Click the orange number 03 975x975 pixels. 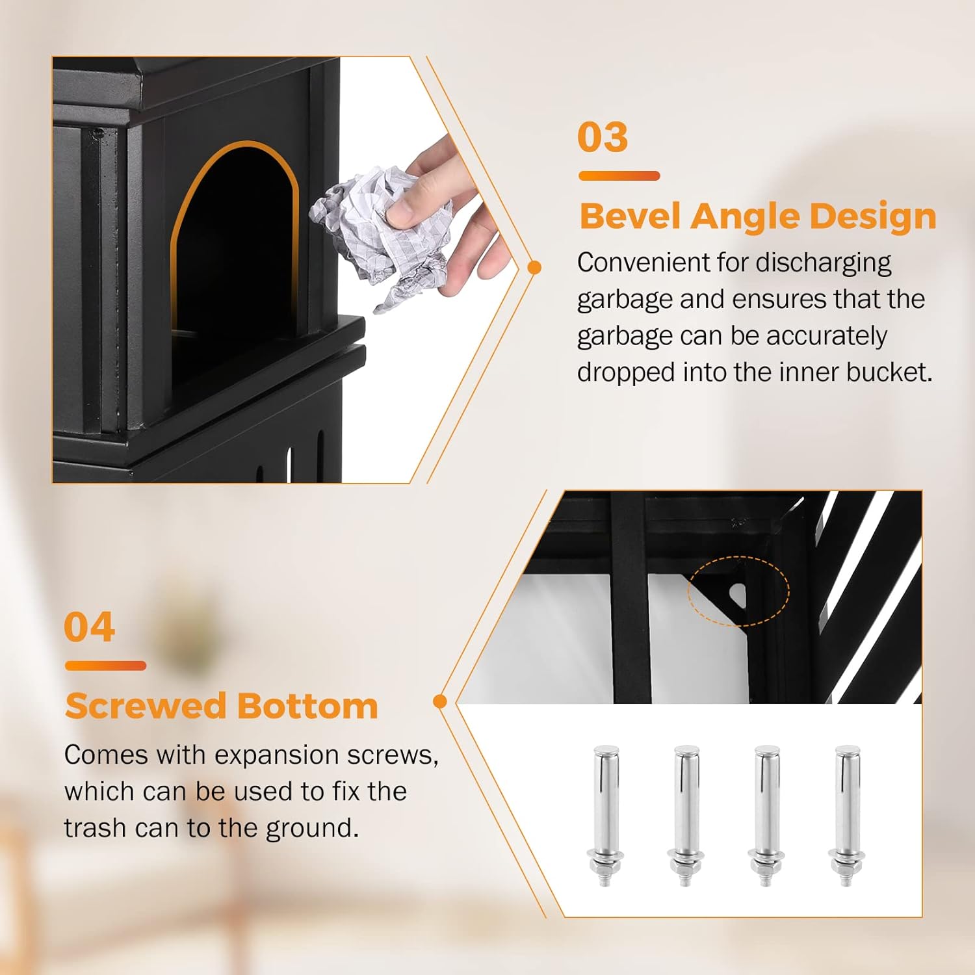(x=603, y=137)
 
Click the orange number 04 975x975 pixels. (x=90, y=627)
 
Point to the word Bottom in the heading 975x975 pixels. (x=307, y=707)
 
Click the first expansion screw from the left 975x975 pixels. (x=605, y=816)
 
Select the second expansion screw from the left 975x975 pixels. (x=686, y=816)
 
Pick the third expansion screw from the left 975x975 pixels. (x=766, y=816)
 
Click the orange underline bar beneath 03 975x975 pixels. (x=619, y=175)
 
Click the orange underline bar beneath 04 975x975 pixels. (x=105, y=666)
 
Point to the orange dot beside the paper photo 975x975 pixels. (x=535, y=267)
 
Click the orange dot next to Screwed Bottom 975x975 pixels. (x=440, y=701)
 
